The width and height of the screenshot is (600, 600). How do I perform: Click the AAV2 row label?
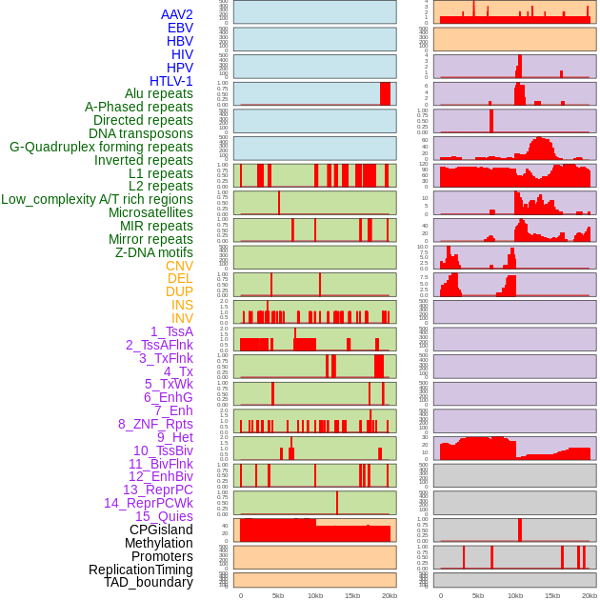pyautogui.click(x=177, y=14)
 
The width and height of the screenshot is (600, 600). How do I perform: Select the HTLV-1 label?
pyautogui.click(x=171, y=81)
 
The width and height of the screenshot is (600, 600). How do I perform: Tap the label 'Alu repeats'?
pyautogui.click(x=159, y=93)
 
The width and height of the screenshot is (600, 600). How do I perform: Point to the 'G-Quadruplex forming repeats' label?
pyautogui.click(x=101, y=147)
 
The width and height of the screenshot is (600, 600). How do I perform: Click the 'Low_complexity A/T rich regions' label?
pyautogui.click(x=97, y=199)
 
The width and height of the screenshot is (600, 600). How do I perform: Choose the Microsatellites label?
pyautogui.click(x=150, y=212)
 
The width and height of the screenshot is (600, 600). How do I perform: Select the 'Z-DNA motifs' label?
pyautogui.click(x=154, y=252)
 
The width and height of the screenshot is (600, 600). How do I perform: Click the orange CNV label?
pyautogui.click(x=179, y=266)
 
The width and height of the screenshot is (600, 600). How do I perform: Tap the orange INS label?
pyautogui.click(x=182, y=305)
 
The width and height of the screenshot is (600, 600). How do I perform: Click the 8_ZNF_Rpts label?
pyautogui.click(x=155, y=424)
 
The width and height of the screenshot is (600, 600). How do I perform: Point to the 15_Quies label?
pyautogui.click(x=164, y=516)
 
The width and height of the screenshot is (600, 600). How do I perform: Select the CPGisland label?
pyautogui.click(x=161, y=530)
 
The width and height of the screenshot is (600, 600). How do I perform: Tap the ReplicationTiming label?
pyautogui.click(x=141, y=570)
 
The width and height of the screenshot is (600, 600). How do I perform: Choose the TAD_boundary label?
pyautogui.click(x=149, y=582)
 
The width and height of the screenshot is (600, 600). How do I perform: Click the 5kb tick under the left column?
pyautogui.click(x=278, y=595)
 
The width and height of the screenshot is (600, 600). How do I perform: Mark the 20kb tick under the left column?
pyautogui.click(x=390, y=595)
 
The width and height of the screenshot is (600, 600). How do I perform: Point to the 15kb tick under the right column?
pyautogui.click(x=552, y=595)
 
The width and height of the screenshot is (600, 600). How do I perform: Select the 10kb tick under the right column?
pyautogui.click(x=515, y=595)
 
